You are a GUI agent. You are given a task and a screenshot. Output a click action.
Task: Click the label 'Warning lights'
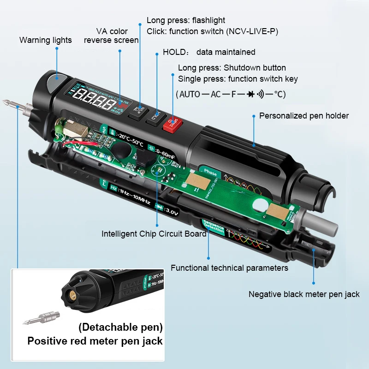click(x=46, y=40)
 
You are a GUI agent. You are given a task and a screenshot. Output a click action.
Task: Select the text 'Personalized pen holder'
click(x=304, y=116)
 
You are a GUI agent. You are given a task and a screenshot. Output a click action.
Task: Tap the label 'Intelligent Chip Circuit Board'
click(x=154, y=233)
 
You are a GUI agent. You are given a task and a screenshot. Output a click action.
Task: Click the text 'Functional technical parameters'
click(x=229, y=268)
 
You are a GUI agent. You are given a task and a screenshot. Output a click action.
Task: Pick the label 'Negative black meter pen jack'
click(x=304, y=294)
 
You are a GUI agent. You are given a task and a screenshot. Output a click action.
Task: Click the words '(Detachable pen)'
click(x=120, y=327)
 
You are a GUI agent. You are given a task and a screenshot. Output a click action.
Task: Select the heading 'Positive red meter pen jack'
click(x=95, y=341)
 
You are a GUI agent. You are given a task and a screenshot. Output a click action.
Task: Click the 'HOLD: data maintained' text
click(x=209, y=52)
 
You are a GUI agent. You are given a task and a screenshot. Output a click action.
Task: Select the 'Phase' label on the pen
click(x=210, y=173)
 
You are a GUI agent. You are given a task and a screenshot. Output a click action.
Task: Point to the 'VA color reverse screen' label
click(x=111, y=36)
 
